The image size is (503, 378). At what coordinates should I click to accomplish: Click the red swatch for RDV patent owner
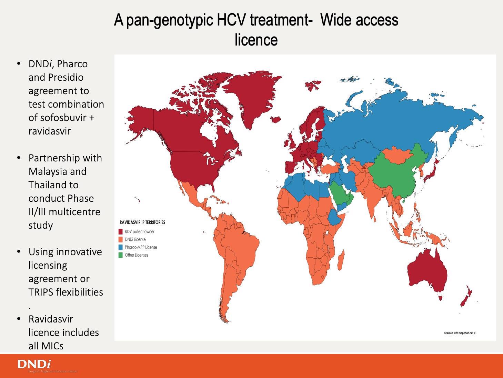121,232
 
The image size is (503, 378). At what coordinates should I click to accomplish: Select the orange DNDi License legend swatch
121,239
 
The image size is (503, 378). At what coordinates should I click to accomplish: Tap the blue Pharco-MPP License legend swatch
121,247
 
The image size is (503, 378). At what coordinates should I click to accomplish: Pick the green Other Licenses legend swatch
121,255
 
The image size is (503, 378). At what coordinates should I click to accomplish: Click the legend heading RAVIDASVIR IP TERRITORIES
142,222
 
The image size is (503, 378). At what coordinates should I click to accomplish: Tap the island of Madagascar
341,260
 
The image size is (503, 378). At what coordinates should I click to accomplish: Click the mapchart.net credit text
460,333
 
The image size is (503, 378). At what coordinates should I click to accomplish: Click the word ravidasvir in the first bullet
50,131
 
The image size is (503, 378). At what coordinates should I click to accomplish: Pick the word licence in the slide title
256,40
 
